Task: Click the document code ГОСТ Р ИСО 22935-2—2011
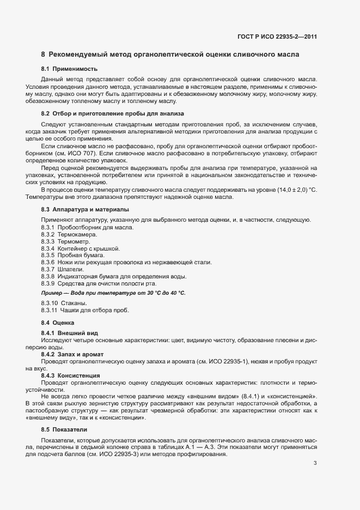pos(277,37)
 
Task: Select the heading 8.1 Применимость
pos(69,69)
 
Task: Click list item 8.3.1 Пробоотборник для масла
pos(87,227)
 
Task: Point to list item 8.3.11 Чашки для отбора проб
pos(85,310)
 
